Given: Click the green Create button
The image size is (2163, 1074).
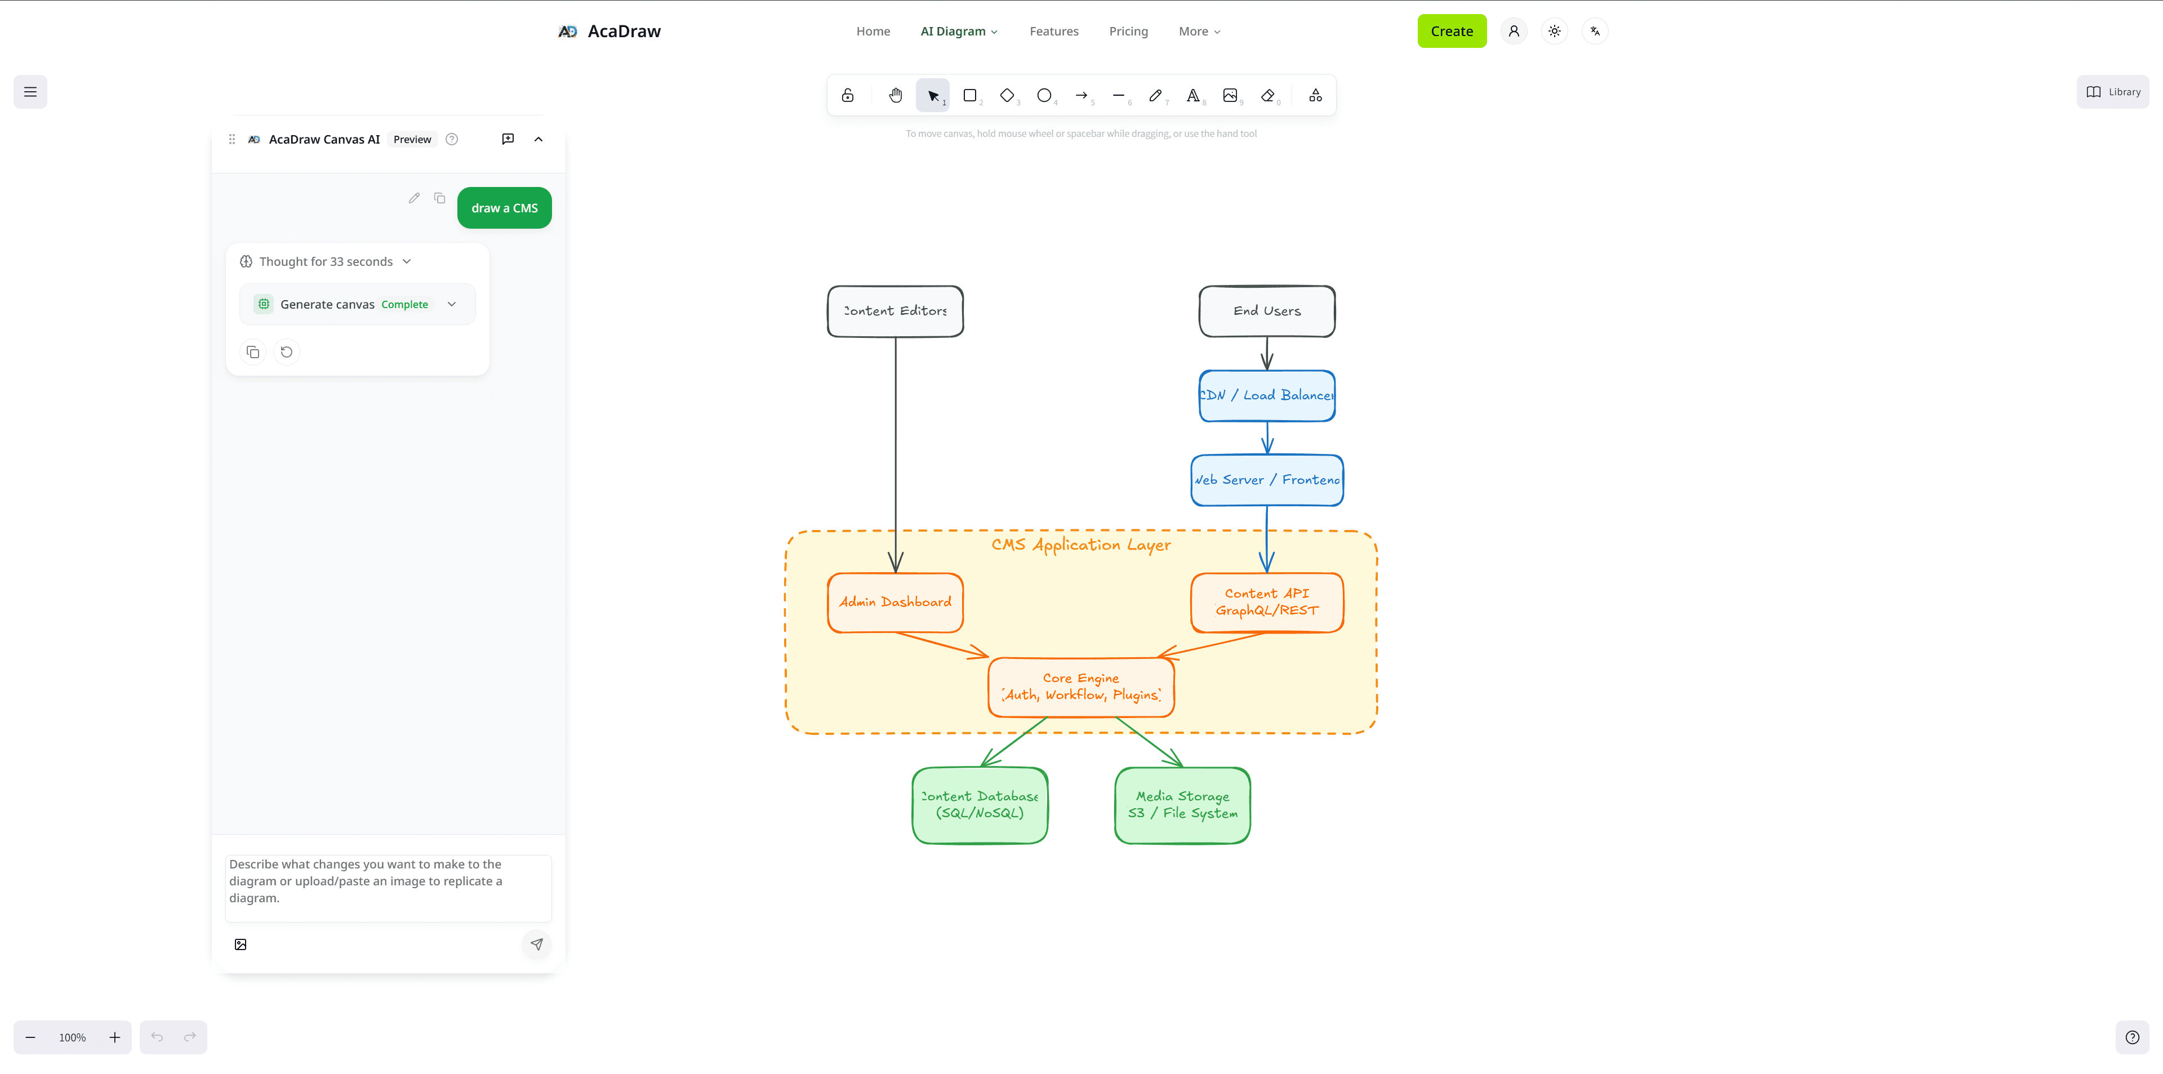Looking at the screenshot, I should pyautogui.click(x=1451, y=31).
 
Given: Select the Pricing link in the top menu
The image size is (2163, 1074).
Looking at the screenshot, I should pyautogui.click(x=1128, y=31).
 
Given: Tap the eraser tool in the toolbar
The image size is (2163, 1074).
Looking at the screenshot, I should pyautogui.click(x=1267, y=96).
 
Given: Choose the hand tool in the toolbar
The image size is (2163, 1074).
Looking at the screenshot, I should pyautogui.click(x=895, y=96).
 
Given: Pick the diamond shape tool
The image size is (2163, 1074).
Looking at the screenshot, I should pyautogui.click(x=1007, y=96).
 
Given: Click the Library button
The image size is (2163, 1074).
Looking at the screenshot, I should pyautogui.click(x=2113, y=92).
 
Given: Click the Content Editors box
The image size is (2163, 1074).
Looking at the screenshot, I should pyautogui.click(x=895, y=311).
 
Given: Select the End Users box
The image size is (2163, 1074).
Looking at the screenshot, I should pyautogui.click(x=1266, y=311).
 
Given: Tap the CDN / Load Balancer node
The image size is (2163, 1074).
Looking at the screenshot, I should pyautogui.click(x=1266, y=395).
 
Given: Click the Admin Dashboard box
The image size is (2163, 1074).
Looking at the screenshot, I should pyautogui.click(x=895, y=602).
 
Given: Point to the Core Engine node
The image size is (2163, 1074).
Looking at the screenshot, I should pyautogui.click(x=1081, y=687).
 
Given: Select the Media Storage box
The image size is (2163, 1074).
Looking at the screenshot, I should pyautogui.click(x=1181, y=804).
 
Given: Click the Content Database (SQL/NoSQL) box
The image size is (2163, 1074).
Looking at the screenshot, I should pyautogui.click(x=979, y=804).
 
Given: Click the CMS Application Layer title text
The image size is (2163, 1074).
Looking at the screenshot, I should pyautogui.click(x=1081, y=545).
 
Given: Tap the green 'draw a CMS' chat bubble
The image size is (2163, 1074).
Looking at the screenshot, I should pyautogui.click(x=504, y=208).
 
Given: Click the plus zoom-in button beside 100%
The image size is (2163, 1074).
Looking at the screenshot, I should pyautogui.click(x=115, y=1037).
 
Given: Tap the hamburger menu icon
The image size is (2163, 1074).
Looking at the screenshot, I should pyautogui.click(x=30, y=92).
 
